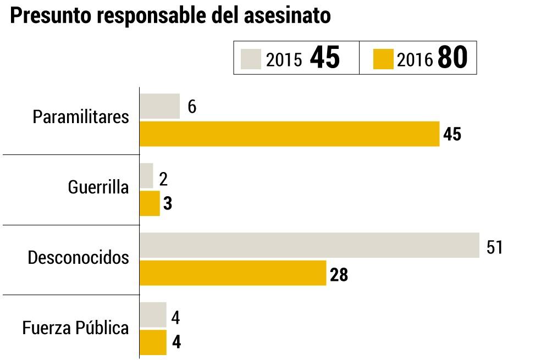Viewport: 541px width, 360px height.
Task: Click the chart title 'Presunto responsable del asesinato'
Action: pyautogui.click(x=170, y=16)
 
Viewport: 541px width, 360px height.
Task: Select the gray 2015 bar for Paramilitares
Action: pyautogui.click(x=159, y=106)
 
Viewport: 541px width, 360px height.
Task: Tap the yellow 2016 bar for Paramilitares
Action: pyautogui.click(x=289, y=134)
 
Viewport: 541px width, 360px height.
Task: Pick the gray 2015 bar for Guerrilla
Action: pyautogui.click(x=146, y=176)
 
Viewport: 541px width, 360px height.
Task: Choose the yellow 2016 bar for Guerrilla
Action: pyautogui.click(x=150, y=203)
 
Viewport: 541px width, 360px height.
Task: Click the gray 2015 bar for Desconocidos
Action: pyautogui.click(x=309, y=245)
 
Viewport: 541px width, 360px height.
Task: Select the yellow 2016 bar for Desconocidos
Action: pyautogui.click(x=233, y=273)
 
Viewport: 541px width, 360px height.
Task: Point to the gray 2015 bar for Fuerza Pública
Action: pyautogui.click(x=153, y=315)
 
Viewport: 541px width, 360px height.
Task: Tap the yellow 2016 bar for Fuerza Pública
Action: pyautogui.click(x=153, y=342)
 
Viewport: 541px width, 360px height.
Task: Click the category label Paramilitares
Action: pyautogui.click(x=81, y=117)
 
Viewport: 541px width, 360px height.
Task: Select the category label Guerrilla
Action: pyautogui.click(x=98, y=187)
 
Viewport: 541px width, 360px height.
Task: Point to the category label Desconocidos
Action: pyautogui.click(x=79, y=257)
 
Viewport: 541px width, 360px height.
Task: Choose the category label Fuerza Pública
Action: pyautogui.click(x=76, y=328)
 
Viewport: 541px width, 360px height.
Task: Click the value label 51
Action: pyautogui.click(x=495, y=247)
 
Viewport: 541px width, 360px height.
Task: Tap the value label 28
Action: pyautogui.click(x=339, y=275)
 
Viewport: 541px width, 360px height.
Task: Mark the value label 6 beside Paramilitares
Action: pyautogui.click(x=192, y=107)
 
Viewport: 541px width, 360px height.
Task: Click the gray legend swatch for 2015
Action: pyautogui.click(x=251, y=58)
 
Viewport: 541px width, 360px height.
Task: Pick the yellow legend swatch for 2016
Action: pyautogui.click(x=383, y=58)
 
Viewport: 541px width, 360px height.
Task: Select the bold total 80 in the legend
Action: pyautogui.click(x=452, y=58)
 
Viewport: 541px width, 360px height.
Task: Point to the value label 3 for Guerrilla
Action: pyautogui.click(x=168, y=204)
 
